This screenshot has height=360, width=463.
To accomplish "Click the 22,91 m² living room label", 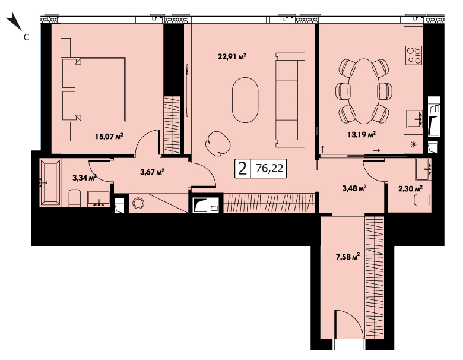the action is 232,56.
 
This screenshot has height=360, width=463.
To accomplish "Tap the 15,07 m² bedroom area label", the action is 109,136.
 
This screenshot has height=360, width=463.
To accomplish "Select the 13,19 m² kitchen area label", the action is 361,135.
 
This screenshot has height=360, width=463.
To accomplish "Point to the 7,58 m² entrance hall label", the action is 347,257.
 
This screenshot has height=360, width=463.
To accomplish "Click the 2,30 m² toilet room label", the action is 410,188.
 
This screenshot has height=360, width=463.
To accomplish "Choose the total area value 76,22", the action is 269,168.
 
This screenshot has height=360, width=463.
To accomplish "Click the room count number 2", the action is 242,169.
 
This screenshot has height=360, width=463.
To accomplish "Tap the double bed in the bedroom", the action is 94,89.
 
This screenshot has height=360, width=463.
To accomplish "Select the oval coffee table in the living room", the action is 245,100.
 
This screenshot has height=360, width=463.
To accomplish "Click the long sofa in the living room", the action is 290,100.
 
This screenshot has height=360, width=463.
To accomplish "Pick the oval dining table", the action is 364,91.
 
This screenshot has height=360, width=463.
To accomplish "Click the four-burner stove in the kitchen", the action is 414,55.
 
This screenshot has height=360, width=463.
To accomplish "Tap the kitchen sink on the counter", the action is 414,119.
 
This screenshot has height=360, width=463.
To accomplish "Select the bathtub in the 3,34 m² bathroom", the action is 50,182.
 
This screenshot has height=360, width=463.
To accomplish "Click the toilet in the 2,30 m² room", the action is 423,200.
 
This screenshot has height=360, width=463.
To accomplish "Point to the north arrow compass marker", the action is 14,21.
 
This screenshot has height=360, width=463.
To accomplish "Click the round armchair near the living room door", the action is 218,144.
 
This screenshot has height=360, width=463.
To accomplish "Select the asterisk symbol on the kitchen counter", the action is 414,144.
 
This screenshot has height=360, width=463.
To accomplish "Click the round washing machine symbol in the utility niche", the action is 138,203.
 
